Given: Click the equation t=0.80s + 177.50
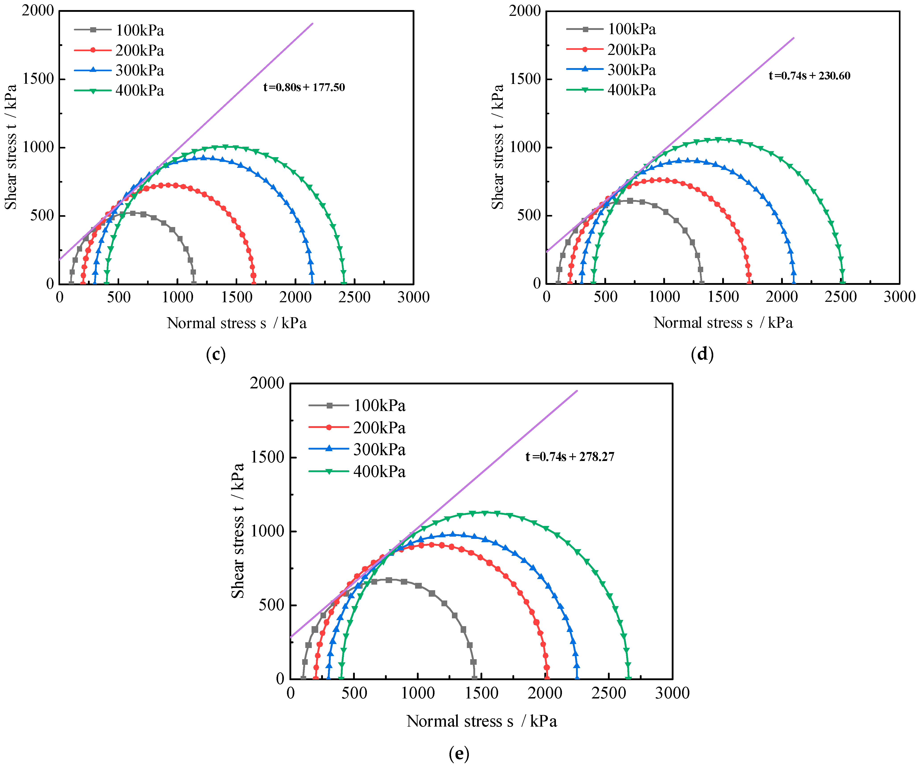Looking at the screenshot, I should (x=304, y=88).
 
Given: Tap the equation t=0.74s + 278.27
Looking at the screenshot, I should (x=570, y=457).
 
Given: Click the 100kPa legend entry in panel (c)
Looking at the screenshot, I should (x=119, y=30).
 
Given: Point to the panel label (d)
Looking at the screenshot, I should (x=702, y=354).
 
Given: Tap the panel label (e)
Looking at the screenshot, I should (x=459, y=753).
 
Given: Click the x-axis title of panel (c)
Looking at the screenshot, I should (x=237, y=323).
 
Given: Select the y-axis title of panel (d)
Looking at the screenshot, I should (x=498, y=147).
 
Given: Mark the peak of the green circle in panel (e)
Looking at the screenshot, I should (x=485, y=513).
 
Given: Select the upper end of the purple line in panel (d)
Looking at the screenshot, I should (x=793, y=38).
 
